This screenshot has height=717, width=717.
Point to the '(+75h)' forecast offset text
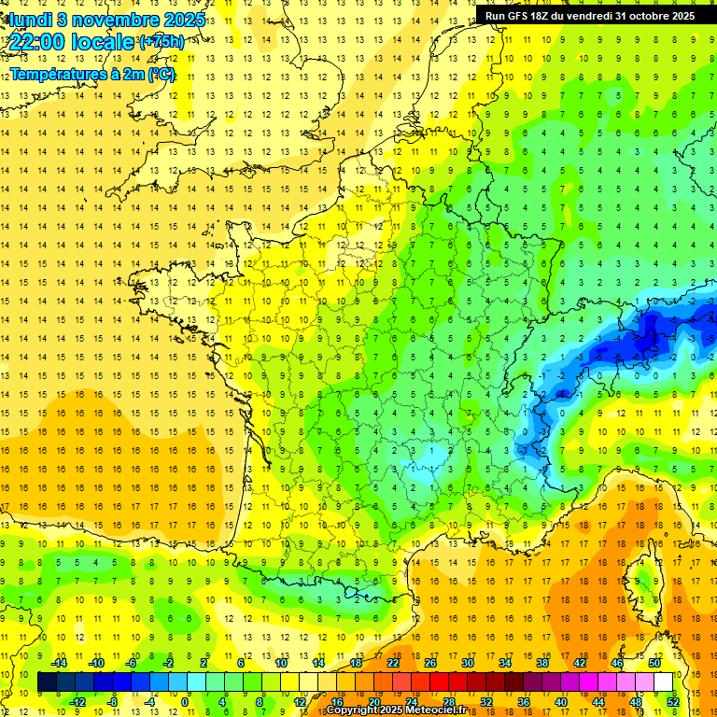click(161, 42)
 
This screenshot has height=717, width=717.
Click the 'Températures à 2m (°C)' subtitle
click(92, 74)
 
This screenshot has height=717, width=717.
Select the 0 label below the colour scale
click(185, 701)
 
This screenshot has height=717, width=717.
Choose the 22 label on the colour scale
click(393, 663)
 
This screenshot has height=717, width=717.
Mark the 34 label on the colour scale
click(505, 663)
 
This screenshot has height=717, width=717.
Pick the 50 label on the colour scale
click(654, 663)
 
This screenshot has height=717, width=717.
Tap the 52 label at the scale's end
click(672, 701)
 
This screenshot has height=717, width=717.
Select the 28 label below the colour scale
click(449, 701)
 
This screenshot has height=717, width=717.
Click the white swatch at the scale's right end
click(663, 682)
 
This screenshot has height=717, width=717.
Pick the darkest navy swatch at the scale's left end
click(48, 682)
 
